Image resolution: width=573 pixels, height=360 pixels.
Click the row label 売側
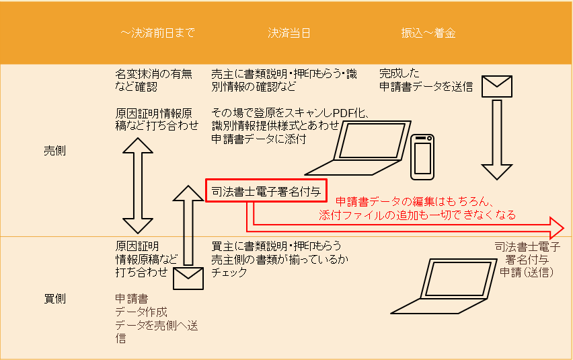(x=55, y=151)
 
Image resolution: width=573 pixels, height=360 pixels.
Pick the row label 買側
(x=55, y=299)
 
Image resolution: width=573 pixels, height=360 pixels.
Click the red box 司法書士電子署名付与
(x=266, y=190)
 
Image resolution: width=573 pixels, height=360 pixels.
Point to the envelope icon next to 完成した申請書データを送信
(x=497, y=86)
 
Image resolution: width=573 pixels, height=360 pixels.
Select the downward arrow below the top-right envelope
(x=497, y=139)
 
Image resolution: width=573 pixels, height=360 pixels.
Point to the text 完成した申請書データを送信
(x=426, y=80)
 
